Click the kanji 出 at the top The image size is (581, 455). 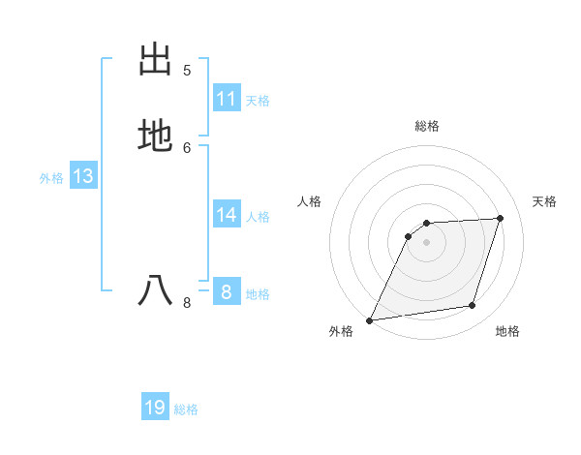[x=155, y=59]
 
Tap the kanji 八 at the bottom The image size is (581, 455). [x=155, y=290]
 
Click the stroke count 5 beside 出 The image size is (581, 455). [x=187, y=70]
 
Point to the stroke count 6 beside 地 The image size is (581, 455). [x=187, y=147]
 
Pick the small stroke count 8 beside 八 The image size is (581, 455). [x=187, y=303]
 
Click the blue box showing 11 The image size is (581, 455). [x=227, y=99]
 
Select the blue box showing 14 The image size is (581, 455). [x=227, y=215]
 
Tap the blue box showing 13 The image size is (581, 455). [x=83, y=176]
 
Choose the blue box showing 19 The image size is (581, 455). [x=155, y=408]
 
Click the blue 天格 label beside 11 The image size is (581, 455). [x=258, y=101]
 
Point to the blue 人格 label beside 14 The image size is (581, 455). [x=258, y=217]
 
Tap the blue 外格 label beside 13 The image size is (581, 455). [x=51, y=178]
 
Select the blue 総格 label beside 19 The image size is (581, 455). [x=186, y=409]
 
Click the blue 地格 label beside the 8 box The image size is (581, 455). [x=258, y=294]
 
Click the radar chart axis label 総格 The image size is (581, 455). [x=426, y=126]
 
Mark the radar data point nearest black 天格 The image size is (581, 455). [x=501, y=218]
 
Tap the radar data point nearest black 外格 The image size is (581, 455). [x=370, y=319]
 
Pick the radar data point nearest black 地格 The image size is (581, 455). [x=473, y=306]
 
